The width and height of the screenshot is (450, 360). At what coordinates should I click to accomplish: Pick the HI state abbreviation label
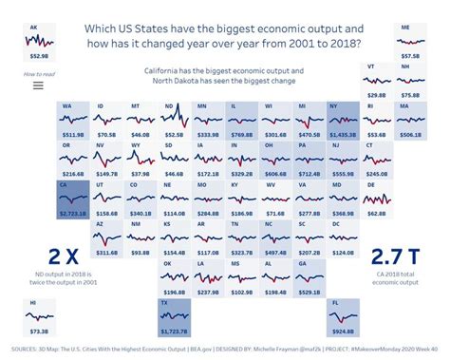34,302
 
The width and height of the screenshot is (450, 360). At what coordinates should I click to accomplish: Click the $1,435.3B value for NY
341,136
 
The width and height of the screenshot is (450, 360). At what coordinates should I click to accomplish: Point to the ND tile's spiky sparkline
173,120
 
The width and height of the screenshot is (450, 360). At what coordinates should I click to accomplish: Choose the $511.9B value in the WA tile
72,136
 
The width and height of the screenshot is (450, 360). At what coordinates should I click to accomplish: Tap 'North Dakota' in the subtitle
173,81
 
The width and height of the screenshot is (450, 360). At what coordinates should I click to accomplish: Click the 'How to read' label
38,73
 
